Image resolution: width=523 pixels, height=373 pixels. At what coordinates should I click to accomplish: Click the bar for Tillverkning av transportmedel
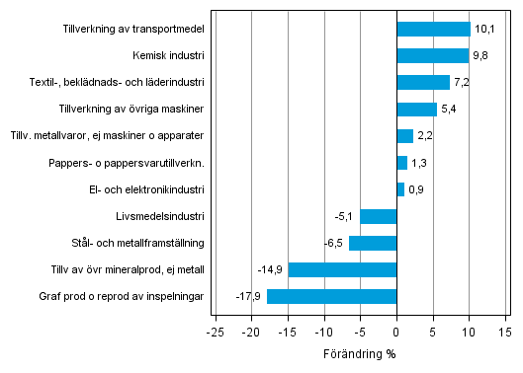433,29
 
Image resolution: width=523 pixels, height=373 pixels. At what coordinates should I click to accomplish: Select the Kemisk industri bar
432,55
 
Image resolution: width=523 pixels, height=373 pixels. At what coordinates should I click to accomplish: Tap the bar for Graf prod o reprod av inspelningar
331,296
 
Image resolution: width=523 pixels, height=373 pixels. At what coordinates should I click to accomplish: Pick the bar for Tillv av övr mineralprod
342,269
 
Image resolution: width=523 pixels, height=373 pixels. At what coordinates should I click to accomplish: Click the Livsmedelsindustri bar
378,216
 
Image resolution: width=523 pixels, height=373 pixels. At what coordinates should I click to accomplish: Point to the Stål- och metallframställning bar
373,243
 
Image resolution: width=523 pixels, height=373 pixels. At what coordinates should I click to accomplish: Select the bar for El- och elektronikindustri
400,189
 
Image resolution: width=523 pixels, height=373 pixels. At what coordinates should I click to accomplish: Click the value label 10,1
483,29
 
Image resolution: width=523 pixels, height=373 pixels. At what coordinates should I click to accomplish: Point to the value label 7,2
461,82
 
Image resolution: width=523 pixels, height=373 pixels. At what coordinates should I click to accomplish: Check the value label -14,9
270,269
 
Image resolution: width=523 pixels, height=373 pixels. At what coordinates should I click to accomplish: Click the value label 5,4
448,109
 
